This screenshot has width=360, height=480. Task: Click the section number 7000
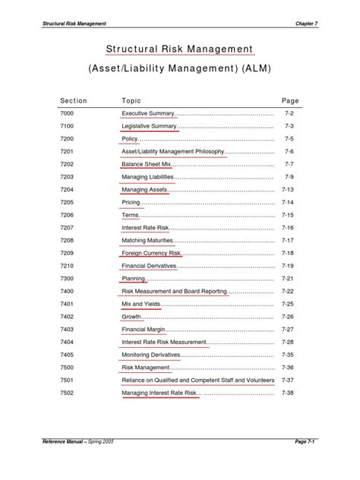(68, 113)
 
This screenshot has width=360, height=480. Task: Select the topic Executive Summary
(149, 113)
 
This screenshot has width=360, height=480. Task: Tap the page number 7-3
(289, 126)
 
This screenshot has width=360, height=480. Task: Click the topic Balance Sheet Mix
(147, 164)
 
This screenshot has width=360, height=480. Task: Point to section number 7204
(68, 190)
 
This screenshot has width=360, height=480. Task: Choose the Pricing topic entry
(131, 203)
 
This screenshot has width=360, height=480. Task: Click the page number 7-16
(287, 228)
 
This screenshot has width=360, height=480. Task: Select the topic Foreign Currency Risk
(152, 253)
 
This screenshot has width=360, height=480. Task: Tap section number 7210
(68, 266)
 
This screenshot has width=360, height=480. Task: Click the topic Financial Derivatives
(150, 266)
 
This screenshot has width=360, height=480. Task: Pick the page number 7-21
(287, 279)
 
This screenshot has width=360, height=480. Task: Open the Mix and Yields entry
(141, 304)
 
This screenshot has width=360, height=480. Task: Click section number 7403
(68, 329)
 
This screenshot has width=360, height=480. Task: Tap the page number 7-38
(287, 393)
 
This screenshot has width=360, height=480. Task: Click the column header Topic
(131, 100)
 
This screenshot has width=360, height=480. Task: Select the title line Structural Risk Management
(179, 49)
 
